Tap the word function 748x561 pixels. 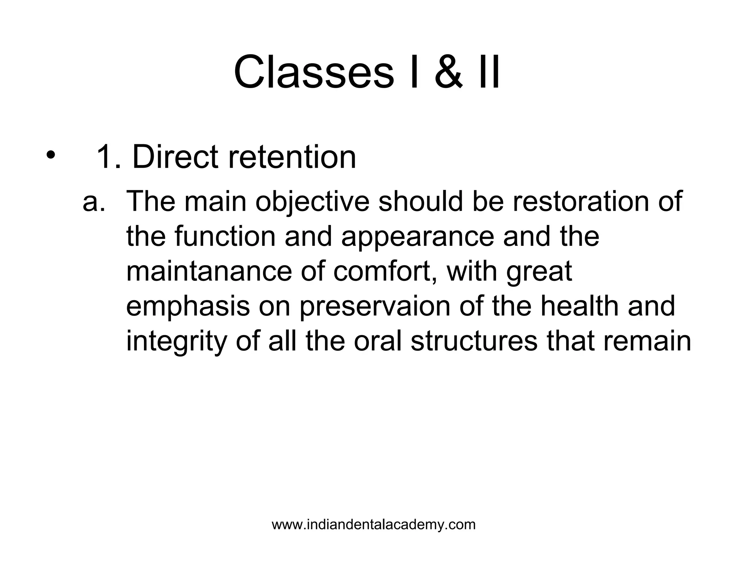(x=225, y=236)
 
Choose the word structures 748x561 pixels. (x=474, y=341)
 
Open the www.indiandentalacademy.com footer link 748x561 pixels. (x=374, y=525)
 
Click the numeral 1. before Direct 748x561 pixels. (x=108, y=157)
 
